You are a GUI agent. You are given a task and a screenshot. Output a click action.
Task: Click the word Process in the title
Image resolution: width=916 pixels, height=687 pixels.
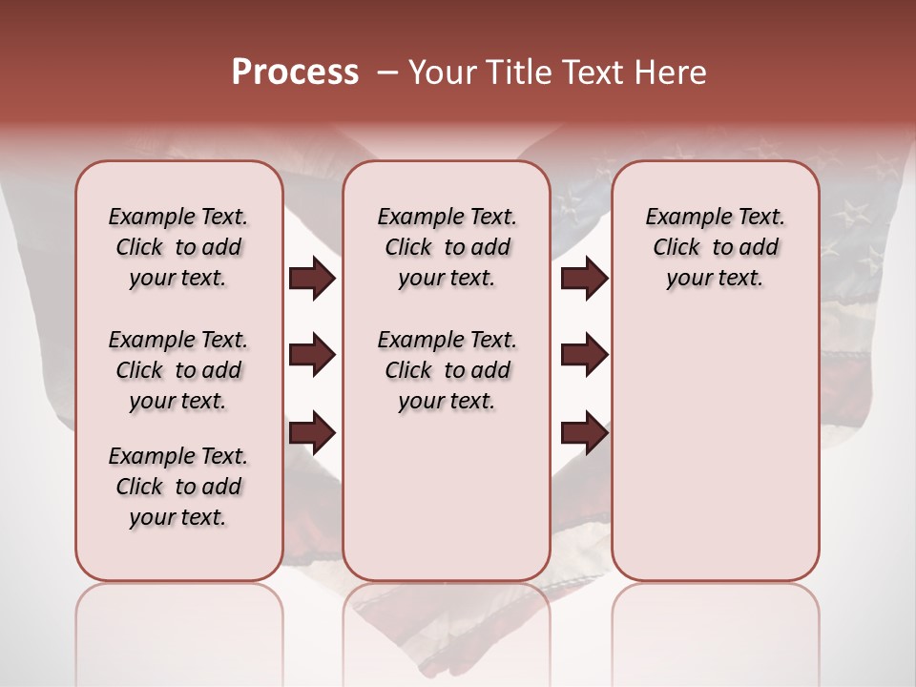tap(295, 73)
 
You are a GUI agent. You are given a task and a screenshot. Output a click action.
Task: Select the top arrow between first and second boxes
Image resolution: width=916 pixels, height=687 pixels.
tap(312, 279)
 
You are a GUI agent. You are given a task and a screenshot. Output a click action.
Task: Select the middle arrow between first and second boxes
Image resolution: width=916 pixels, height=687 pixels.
tap(312, 355)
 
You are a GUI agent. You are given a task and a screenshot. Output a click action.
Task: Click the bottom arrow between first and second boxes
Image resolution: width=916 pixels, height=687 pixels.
tap(312, 433)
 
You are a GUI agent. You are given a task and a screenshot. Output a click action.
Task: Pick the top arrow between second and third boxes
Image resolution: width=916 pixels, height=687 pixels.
tap(584, 279)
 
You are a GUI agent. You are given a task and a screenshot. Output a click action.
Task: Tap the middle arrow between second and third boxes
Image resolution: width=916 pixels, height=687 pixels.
tap(584, 355)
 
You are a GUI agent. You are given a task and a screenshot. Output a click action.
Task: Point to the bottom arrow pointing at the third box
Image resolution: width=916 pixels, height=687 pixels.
tap(584, 433)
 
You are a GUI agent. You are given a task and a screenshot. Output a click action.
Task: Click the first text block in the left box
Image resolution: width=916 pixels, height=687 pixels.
tap(178, 247)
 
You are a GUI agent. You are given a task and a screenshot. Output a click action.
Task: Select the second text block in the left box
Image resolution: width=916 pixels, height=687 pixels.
tap(178, 370)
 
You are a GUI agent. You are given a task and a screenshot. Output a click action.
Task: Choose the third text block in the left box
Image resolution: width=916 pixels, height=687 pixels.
tap(178, 487)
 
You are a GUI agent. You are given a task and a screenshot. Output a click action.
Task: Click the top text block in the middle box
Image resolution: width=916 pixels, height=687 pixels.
tap(447, 247)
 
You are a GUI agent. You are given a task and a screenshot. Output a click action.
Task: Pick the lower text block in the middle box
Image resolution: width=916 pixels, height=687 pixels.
tap(447, 370)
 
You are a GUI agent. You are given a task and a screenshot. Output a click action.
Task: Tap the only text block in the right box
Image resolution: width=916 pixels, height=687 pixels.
tap(715, 247)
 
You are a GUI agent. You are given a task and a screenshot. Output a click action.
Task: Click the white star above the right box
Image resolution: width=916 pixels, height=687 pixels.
tap(762, 147)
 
